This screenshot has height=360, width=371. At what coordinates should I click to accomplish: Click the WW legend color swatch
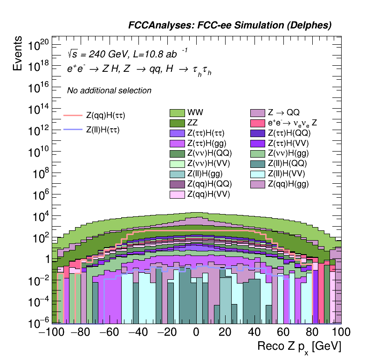pos(177,113)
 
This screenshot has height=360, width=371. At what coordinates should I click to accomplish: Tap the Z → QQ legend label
pos(283,112)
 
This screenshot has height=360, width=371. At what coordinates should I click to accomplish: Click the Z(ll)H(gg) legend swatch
pos(177,174)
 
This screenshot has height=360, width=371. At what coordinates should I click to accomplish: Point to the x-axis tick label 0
pos(196,332)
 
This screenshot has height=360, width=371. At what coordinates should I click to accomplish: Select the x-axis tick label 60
pos(283,332)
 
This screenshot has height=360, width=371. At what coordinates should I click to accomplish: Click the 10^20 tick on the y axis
pos(38,45)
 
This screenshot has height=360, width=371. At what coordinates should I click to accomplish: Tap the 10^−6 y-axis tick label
pos(38,323)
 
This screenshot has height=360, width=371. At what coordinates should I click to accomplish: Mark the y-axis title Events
pos(18,54)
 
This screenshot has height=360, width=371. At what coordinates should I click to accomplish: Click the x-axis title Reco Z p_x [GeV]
pos(299,347)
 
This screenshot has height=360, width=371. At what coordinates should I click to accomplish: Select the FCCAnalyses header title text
pos(229,26)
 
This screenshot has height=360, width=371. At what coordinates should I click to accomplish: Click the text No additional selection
pos(109,90)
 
